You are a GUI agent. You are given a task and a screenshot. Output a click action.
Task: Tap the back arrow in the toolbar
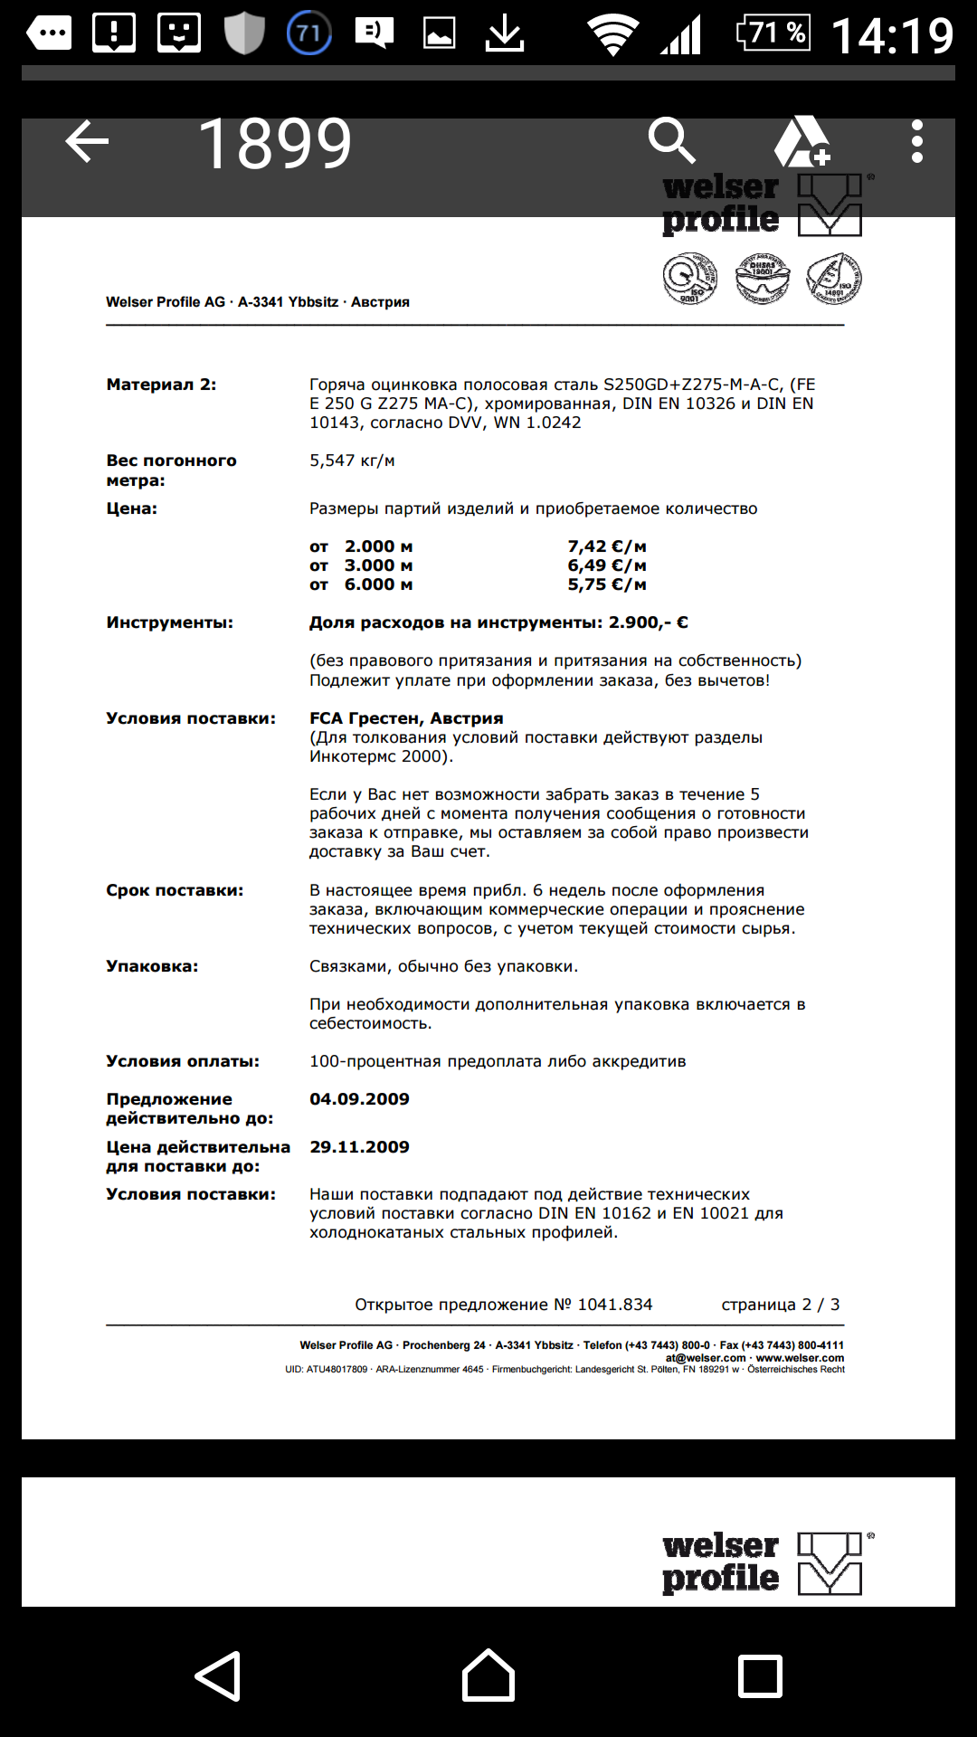point(87,142)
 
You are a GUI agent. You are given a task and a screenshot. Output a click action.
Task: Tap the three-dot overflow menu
point(916,142)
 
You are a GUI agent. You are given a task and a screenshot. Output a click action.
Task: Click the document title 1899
point(275,144)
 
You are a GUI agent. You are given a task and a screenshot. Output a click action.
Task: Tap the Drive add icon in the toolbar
point(802,142)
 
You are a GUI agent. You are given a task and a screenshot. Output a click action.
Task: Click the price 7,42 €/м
point(606,546)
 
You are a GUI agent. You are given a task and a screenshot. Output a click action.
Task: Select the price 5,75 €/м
point(606,584)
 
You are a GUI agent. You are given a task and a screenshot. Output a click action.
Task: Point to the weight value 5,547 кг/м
point(352,460)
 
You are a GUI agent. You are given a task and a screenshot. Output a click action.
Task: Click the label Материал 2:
point(161,384)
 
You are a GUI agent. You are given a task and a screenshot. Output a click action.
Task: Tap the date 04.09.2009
point(359,1099)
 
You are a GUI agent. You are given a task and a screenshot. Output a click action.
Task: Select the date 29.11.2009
point(359,1147)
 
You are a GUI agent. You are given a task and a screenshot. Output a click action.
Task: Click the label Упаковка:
point(152,966)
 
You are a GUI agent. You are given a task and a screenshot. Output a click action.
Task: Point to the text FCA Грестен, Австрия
point(406,718)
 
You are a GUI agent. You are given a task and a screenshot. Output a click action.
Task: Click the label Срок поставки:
point(175,890)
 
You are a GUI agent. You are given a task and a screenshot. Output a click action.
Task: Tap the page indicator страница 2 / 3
point(780,1305)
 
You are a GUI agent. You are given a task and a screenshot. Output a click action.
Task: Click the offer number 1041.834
point(615,1305)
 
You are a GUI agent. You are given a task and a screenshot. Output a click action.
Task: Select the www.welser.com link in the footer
point(800,1358)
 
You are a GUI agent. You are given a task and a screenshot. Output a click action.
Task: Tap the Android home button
point(488,1675)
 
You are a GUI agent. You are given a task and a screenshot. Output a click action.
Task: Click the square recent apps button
point(760,1675)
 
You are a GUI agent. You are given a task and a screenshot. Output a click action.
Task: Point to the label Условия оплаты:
point(183,1061)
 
